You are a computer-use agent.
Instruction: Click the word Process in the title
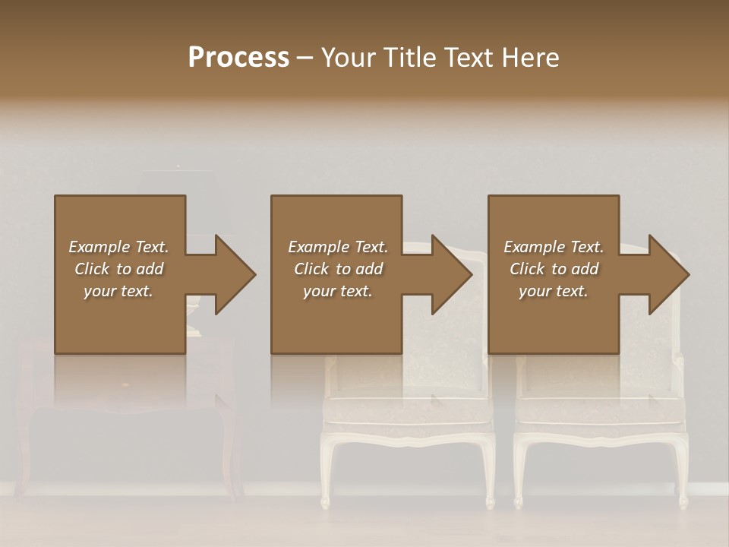coord(238,58)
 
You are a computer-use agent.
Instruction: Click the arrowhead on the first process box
coord(234,274)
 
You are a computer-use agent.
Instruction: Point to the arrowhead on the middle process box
coord(451,274)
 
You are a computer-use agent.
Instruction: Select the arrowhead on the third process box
coord(668,274)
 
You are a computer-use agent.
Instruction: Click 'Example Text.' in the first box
coord(118,247)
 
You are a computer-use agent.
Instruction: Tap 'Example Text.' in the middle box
coord(337,247)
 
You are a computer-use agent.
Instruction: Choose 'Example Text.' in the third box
coord(554,247)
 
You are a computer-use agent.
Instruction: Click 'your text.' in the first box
coord(118,291)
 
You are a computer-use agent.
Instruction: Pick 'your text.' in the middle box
coord(337,291)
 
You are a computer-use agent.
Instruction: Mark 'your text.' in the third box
coord(554,291)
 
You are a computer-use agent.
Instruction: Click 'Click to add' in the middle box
coord(337,269)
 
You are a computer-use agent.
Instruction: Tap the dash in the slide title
coord(305,58)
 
